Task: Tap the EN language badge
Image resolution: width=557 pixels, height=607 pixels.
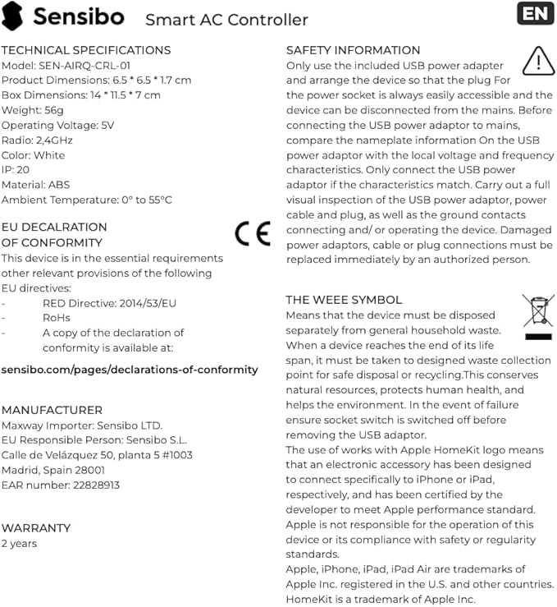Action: coord(535,13)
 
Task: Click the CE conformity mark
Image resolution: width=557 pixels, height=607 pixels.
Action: coord(252,234)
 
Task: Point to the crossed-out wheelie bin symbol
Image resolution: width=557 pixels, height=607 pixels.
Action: coord(538,316)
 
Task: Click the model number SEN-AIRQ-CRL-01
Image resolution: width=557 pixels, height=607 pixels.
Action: coord(85,65)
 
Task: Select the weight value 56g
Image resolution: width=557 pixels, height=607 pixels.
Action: coord(53,110)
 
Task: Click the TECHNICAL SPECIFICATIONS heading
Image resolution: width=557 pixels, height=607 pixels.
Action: coord(86,50)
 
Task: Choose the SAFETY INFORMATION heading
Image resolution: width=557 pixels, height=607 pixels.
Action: coord(353,50)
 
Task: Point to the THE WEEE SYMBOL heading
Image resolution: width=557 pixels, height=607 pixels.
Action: coord(344,300)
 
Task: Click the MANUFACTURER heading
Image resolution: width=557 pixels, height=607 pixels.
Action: coord(52,410)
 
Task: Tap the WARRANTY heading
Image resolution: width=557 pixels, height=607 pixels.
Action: coord(36,528)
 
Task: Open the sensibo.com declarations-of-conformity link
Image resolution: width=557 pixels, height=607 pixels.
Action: coord(130,370)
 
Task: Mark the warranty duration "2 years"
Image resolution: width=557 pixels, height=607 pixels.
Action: coord(19,543)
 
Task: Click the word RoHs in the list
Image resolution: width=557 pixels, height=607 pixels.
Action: coord(57,318)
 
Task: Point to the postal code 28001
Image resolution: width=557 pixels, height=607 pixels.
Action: coord(88,470)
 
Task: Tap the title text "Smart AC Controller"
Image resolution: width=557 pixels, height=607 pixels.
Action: coord(226,20)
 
